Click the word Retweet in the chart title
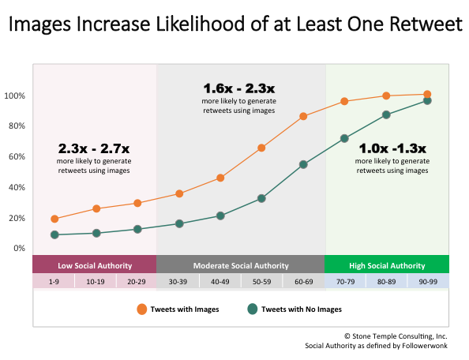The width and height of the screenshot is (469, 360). (x=425, y=26)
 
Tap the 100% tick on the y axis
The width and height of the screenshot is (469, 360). (x=16, y=96)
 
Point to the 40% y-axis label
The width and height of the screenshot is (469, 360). (x=17, y=187)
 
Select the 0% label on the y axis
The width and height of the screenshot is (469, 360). (x=19, y=248)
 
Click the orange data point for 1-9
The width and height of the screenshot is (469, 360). (x=54, y=219)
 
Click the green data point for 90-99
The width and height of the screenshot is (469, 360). (x=427, y=100)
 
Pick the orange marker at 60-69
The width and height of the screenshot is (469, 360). (x=303, y=116)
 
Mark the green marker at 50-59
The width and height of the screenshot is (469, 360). (x=261, y=198)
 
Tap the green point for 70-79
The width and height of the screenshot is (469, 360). (x=344, y=138)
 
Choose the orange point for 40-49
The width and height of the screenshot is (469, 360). (x=220, y=178)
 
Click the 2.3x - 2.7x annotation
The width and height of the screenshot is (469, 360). (x=93, y=148)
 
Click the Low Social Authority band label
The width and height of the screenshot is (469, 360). (x=94, y=265)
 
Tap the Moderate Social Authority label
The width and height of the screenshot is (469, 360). (x=241, y=265)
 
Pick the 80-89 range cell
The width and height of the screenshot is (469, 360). (x=386, y=281)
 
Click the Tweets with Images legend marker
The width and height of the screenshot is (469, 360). (x=142, y=309)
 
